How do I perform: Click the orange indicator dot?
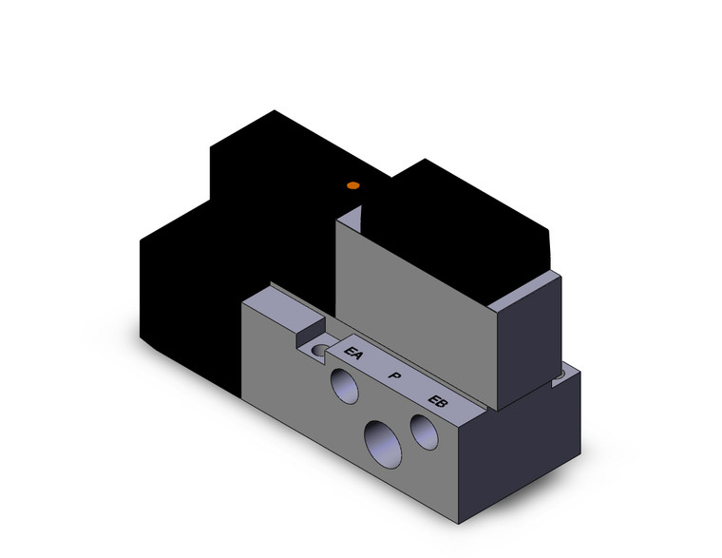click(353, 184)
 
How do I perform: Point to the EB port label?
click(438, 401)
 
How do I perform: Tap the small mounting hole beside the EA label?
click(319, 351)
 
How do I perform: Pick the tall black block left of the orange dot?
click(275, 190)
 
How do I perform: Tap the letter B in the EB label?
click(443, 404)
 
